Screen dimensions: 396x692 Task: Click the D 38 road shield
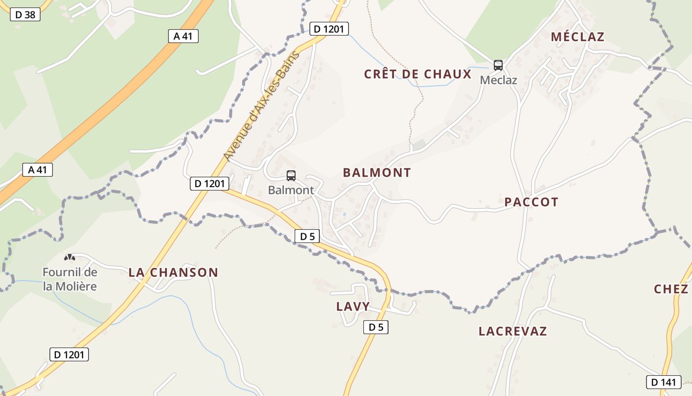(x=25, y=14)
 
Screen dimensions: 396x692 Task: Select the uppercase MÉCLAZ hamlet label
(x=577, y=37)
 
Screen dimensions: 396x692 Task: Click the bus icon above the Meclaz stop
(x=498, y=65)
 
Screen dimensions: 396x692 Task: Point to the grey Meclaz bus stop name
(x=498, y=80)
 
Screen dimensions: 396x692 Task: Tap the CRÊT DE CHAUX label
(x=418, y=74)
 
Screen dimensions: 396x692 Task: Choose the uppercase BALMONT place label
(x=377, y=173)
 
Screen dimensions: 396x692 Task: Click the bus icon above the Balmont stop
(x=291, y=175)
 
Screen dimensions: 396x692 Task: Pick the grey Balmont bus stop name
(x=291, y=190)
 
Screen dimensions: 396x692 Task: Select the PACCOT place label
(x=531, y=202)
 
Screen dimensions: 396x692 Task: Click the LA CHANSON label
(x=173, y=272)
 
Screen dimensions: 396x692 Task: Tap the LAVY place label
(x=353, y=306)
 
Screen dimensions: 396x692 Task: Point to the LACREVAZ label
(x=513, y=331)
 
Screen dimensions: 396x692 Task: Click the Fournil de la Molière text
(x=70, y=279)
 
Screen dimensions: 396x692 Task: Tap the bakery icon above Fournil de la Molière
(x=70, y=257)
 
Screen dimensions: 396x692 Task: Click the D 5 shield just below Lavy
(x=376, y=327)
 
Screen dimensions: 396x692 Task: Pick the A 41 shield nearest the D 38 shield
(x=183, y=36)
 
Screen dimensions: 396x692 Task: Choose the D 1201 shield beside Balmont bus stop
(x=210, y=184)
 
